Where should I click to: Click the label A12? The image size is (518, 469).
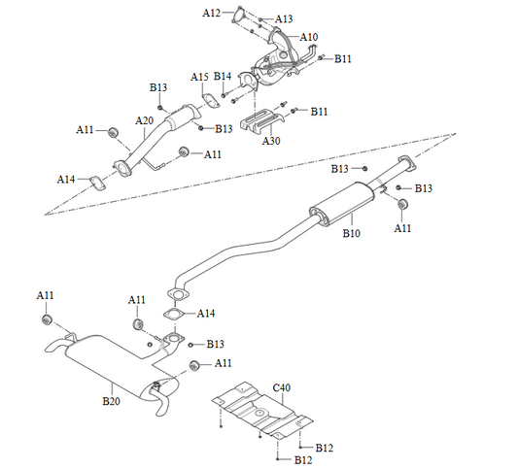[212, 13]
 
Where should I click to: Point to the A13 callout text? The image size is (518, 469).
[284, 18]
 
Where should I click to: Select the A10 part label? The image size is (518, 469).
[309, 37]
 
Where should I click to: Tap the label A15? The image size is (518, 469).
[199, 76]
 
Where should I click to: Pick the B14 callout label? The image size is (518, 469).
[223, 76]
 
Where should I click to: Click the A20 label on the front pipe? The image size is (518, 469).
[145, 120]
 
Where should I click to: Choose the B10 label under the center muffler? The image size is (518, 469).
[352, 234]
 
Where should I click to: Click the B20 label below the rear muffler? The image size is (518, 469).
[113, 398]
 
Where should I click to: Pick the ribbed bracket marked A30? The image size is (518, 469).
[259, 123]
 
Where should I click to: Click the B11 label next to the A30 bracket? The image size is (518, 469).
[320, 111]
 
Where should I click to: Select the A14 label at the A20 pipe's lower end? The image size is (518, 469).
[66, 180]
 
